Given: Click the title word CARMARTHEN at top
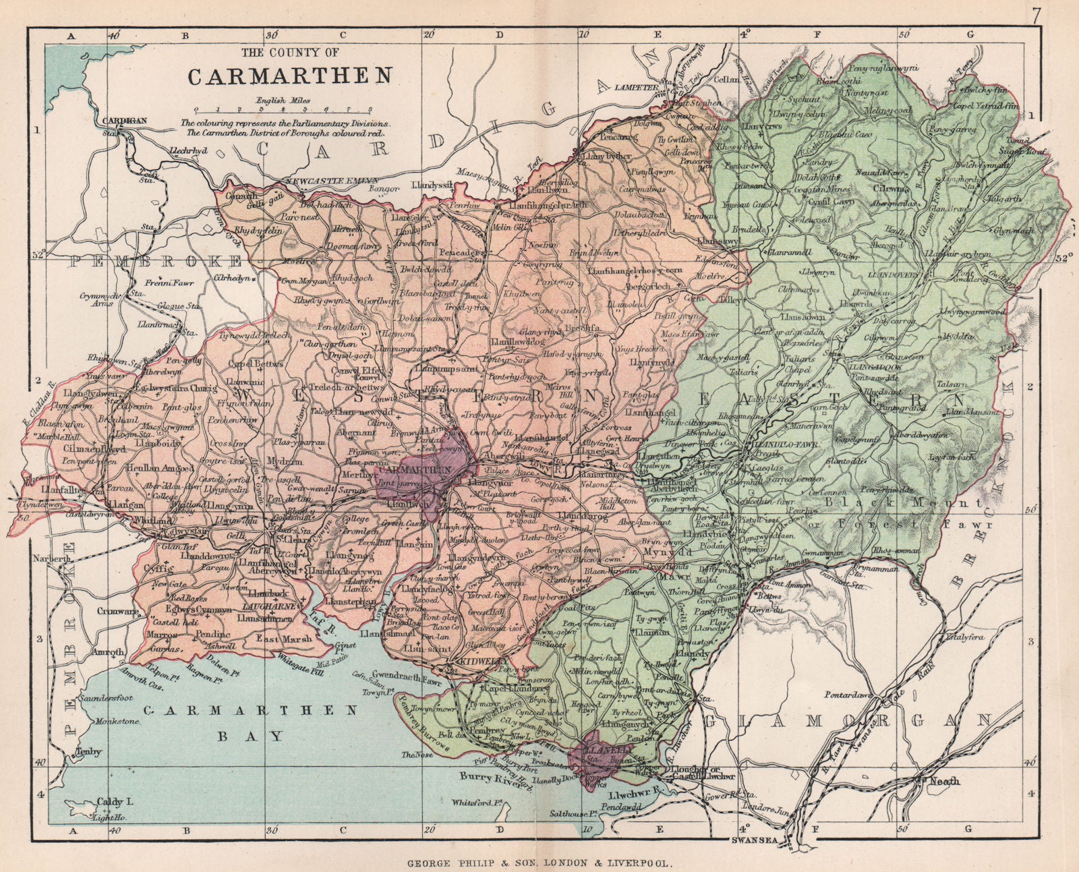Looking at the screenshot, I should pyautogui.click(x=289, y=76).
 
